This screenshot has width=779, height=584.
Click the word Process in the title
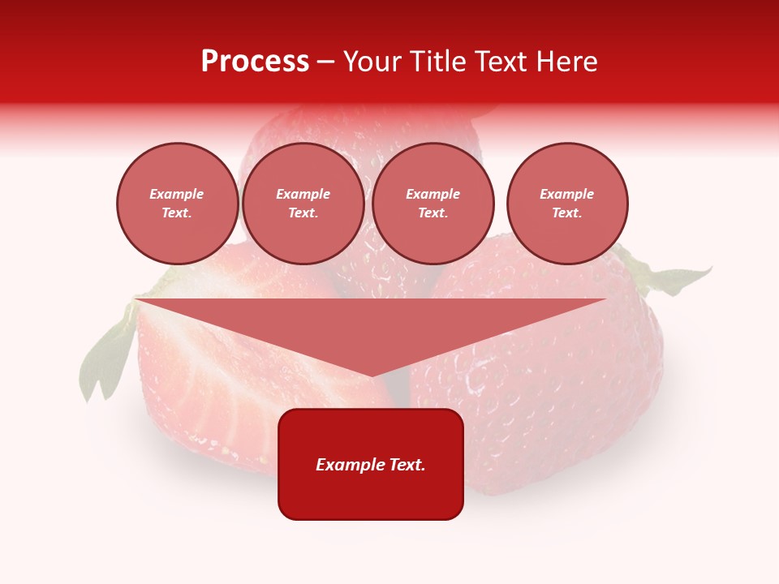[255, 62]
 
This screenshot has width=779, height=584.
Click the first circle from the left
[177, 204]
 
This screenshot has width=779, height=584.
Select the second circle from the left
[303, 204]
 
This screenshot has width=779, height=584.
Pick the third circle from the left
[433, 204]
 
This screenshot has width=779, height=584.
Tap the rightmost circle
[566, 204]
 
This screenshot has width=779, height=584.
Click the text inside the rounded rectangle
[371, 465]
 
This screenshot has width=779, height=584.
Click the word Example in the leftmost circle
[177, 194]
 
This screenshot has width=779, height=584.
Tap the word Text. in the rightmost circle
[566, 213]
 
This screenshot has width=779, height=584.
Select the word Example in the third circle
[433, 194]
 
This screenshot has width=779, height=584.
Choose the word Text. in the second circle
[303, 213]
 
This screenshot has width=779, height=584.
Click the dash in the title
[325, 62]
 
